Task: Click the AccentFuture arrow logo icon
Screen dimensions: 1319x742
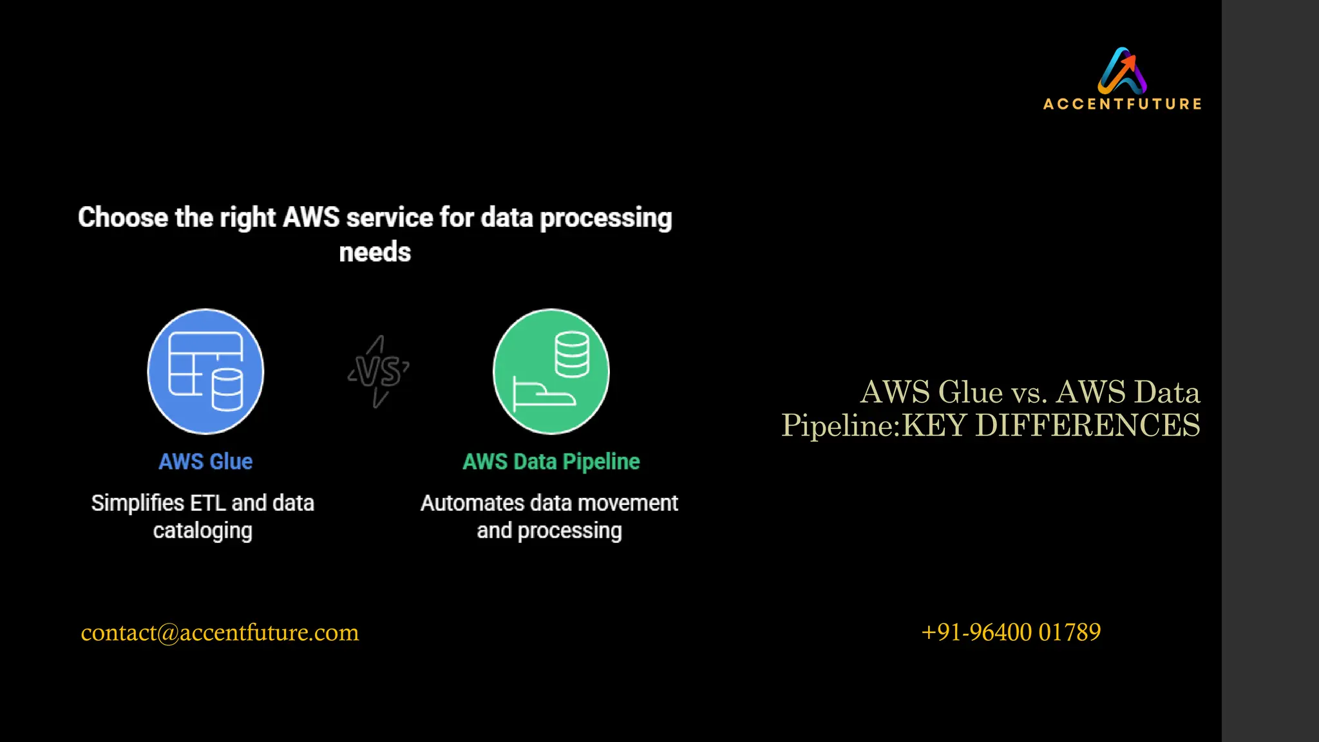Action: (1122, 71)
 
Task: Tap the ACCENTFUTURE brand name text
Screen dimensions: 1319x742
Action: (1122, 104)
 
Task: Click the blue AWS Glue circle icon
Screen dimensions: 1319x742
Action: (205, 372)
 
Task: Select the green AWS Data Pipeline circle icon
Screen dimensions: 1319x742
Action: (551, 372)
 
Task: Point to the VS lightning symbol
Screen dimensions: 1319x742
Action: (379, 372)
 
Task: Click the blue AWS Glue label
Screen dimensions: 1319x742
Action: (205, 462)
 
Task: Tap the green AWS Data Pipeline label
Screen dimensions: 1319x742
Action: (551, 462)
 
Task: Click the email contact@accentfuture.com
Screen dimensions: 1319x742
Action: (220, 633)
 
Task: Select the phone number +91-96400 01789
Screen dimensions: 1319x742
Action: (1011, 633)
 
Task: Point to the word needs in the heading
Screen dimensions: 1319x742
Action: (375, 252)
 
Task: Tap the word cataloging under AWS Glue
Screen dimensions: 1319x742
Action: (203, 531)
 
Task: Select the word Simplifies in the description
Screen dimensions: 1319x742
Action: (138, 503)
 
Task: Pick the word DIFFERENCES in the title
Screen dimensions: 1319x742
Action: (1088, 426)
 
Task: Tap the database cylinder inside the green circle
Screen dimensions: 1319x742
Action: (571, 354)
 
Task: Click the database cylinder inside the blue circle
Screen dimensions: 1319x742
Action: (227, 389)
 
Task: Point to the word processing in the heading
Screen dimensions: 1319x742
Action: (605, 218)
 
